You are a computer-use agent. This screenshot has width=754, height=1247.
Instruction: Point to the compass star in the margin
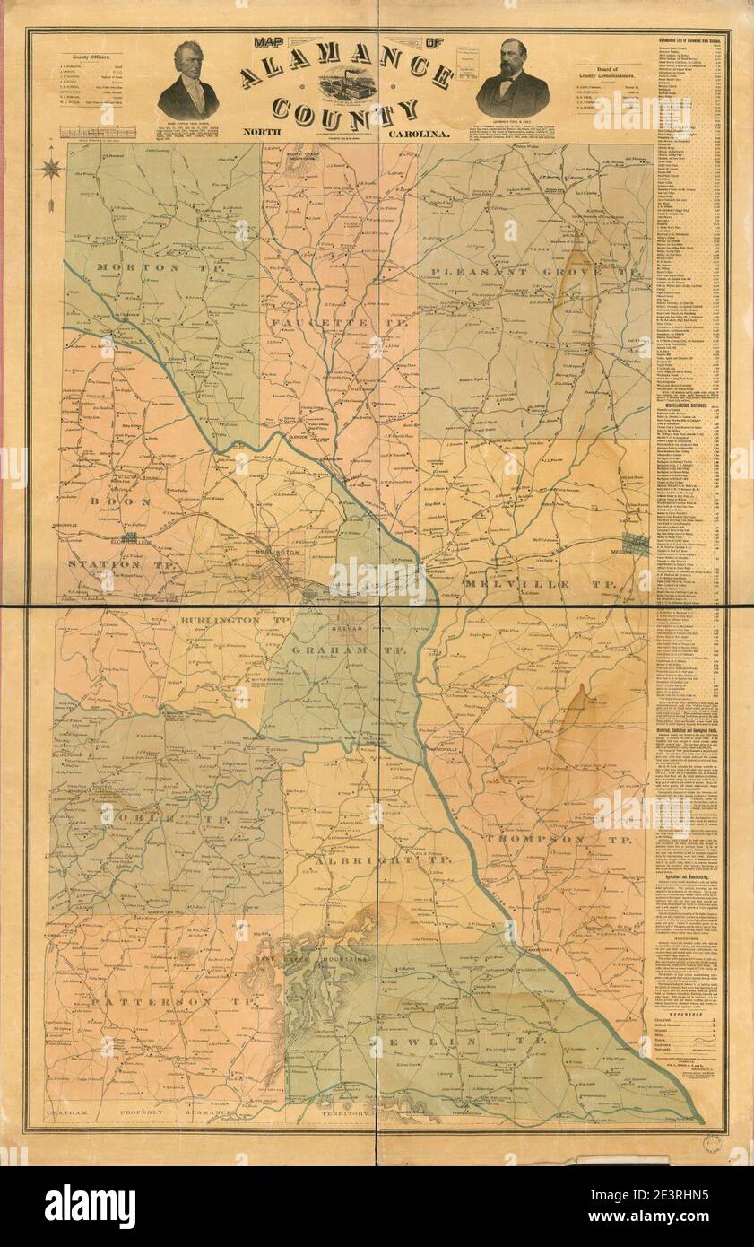pos(52,167)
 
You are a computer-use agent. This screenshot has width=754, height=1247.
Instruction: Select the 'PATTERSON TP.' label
pos(161,1000)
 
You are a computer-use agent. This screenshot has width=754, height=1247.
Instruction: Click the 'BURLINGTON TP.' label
pos(221,620)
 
